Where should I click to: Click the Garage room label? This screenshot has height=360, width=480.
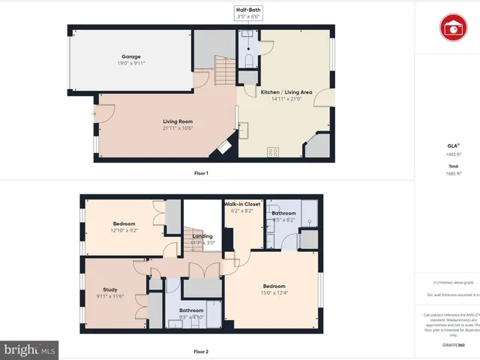(x=131, y=56)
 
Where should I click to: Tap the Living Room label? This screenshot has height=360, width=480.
(x=178, y=121)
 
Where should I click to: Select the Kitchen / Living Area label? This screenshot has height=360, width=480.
(x=281, y=92)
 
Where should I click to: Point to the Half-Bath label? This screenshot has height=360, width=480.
(x=247, y=9)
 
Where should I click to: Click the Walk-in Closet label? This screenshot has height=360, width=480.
(x=241, y=204)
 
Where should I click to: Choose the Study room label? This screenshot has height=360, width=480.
(x=109, y=289)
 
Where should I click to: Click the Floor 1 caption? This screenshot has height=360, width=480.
(x=201, y=173)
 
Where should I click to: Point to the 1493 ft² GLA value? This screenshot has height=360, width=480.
(x=452, y=154)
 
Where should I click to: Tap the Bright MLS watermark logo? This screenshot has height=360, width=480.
(x=30, y=350)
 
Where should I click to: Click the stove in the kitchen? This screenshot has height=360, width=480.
(x=272, y=151)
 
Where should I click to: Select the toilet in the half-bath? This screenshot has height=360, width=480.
(x=247, y=59)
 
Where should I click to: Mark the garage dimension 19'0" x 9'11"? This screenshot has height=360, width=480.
(x=131, y=64)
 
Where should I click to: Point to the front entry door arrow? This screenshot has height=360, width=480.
(x=94, y=114)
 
